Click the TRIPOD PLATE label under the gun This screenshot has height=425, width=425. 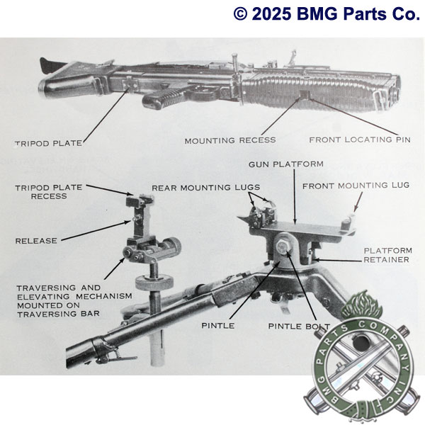[48, 143]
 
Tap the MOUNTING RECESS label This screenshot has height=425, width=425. [230, 140]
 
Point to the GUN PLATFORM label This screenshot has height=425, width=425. [285, 164]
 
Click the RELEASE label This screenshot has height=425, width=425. [36, 241]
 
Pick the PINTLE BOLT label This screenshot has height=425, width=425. [295, 327]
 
